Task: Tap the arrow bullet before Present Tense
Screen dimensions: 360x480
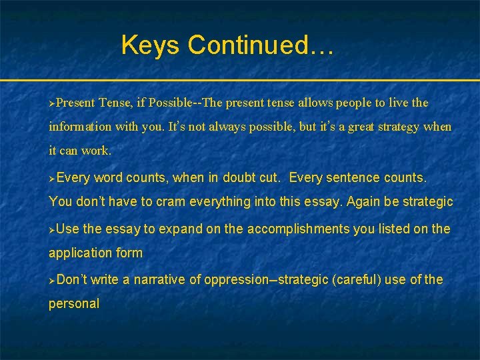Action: click(52, 103)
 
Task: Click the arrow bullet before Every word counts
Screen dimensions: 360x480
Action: click(52, 179)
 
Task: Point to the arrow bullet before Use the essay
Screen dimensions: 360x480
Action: click(52, 229)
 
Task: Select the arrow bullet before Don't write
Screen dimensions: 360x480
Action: click(52, 280)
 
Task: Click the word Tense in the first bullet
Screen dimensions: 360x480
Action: click(115, 103)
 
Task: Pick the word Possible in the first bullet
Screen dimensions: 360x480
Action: click(173, 103)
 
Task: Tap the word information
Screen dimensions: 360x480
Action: click(80, 127)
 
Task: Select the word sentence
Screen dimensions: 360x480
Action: click(353, 178)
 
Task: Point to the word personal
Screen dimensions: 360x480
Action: click(73, 303)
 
